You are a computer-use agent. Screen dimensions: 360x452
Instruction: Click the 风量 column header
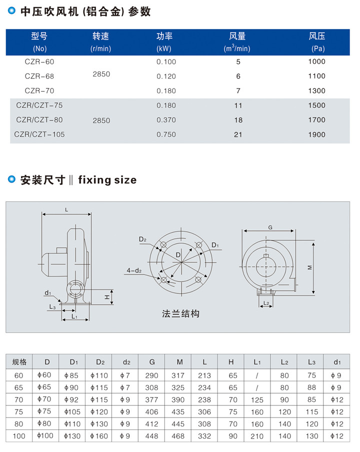click(237, 36)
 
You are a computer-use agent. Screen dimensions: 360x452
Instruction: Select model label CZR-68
click(39, 76)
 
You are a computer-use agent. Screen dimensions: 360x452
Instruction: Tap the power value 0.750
click(166, 135)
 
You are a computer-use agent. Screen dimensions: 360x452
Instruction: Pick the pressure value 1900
click(316, 135)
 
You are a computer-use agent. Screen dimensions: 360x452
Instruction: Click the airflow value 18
click(238, 120)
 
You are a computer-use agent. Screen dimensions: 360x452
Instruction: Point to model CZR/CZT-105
click(39, 135)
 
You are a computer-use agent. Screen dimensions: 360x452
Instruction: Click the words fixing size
click(107, 180)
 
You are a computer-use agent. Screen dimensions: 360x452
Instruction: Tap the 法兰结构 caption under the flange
click(180, 314)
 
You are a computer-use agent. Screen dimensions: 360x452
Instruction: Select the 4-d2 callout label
click(134, 270)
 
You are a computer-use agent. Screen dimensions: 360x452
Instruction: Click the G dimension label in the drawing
click(270, 227)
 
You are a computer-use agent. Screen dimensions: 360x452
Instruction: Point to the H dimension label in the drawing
click(107, 297)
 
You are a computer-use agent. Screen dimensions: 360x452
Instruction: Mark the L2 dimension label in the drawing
click(266, 303)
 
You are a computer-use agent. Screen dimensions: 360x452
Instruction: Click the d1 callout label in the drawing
click(47, 293)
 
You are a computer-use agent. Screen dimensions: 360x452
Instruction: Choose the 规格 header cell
click(19, 362)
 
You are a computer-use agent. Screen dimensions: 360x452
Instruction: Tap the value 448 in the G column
click(152, 436)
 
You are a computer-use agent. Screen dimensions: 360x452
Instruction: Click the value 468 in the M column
click(178, 436)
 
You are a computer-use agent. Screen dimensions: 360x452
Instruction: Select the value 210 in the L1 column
click(257, 437)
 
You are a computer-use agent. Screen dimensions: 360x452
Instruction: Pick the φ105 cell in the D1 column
click(72, 412)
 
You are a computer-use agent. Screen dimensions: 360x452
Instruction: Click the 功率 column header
click(164, 36)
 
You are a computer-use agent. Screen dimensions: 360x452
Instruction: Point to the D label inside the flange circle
click(178, 255)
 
